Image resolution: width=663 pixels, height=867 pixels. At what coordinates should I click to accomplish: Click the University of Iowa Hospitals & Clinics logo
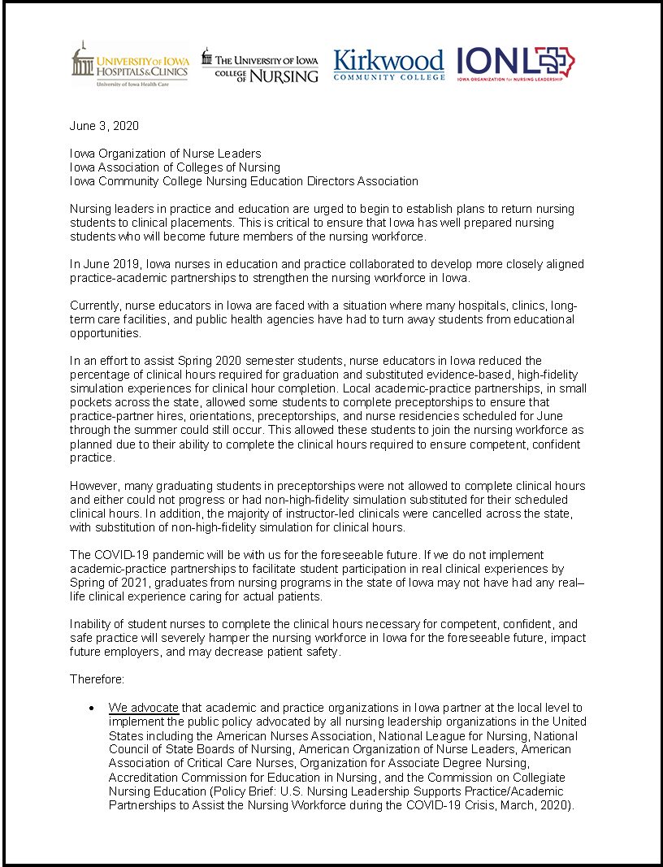(x=130, y=63)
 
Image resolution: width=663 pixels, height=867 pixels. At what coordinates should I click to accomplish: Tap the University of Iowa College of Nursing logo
(x=260, y=65)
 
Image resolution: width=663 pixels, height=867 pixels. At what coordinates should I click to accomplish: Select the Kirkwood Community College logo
(x=388, y=64)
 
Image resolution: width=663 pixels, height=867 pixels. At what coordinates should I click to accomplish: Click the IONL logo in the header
(x=515, y=63)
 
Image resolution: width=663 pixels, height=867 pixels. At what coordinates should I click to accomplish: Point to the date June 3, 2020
(x=104, y=126)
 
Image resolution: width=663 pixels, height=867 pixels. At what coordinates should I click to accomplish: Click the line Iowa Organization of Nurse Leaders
(x=165, y=154)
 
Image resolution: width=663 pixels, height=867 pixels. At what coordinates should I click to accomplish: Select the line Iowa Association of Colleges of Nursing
(x=175, y=167)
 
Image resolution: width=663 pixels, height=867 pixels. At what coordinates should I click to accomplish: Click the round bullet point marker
(x=93, y=709)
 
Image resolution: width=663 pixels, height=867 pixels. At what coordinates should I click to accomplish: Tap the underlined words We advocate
(x=143, y=708)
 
